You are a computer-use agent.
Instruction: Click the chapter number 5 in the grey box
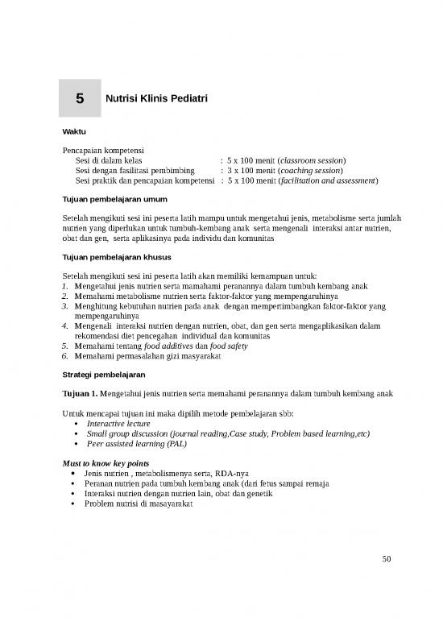[x=80, y=99]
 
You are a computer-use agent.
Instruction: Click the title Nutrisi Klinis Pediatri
[x=157, y=99]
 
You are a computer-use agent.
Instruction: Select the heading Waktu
[x=75, y=131]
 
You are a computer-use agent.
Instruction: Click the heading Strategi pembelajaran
[x=103, y=375]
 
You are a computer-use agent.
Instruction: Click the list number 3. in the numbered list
[x=65, y=307]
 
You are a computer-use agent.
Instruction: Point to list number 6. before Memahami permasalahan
[x=65, y=356]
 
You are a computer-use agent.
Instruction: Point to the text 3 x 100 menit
[x=251, y=170]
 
